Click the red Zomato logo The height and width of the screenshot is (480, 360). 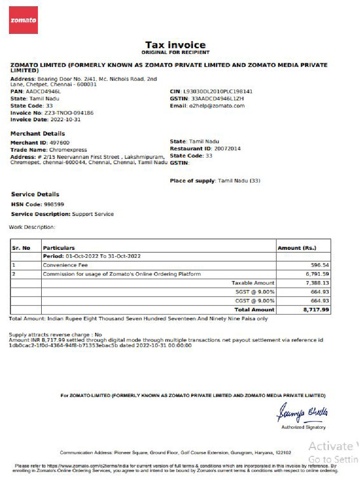pyautogui.click(x=23, y=21)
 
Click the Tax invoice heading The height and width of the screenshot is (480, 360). pyautogui.click(x=175, y=45)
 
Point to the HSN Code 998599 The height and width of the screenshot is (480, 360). pyautogui.click(x=54, y=205)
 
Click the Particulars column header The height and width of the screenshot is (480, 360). pyautogui.click(x=59, y=248)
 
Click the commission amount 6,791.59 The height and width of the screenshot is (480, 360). pyautogui.click(x=318, y=274)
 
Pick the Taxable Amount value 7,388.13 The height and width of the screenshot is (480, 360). pyautogui.click(x=318, y=283)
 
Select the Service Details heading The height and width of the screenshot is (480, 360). pyautogui.click(x=35, y=194)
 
